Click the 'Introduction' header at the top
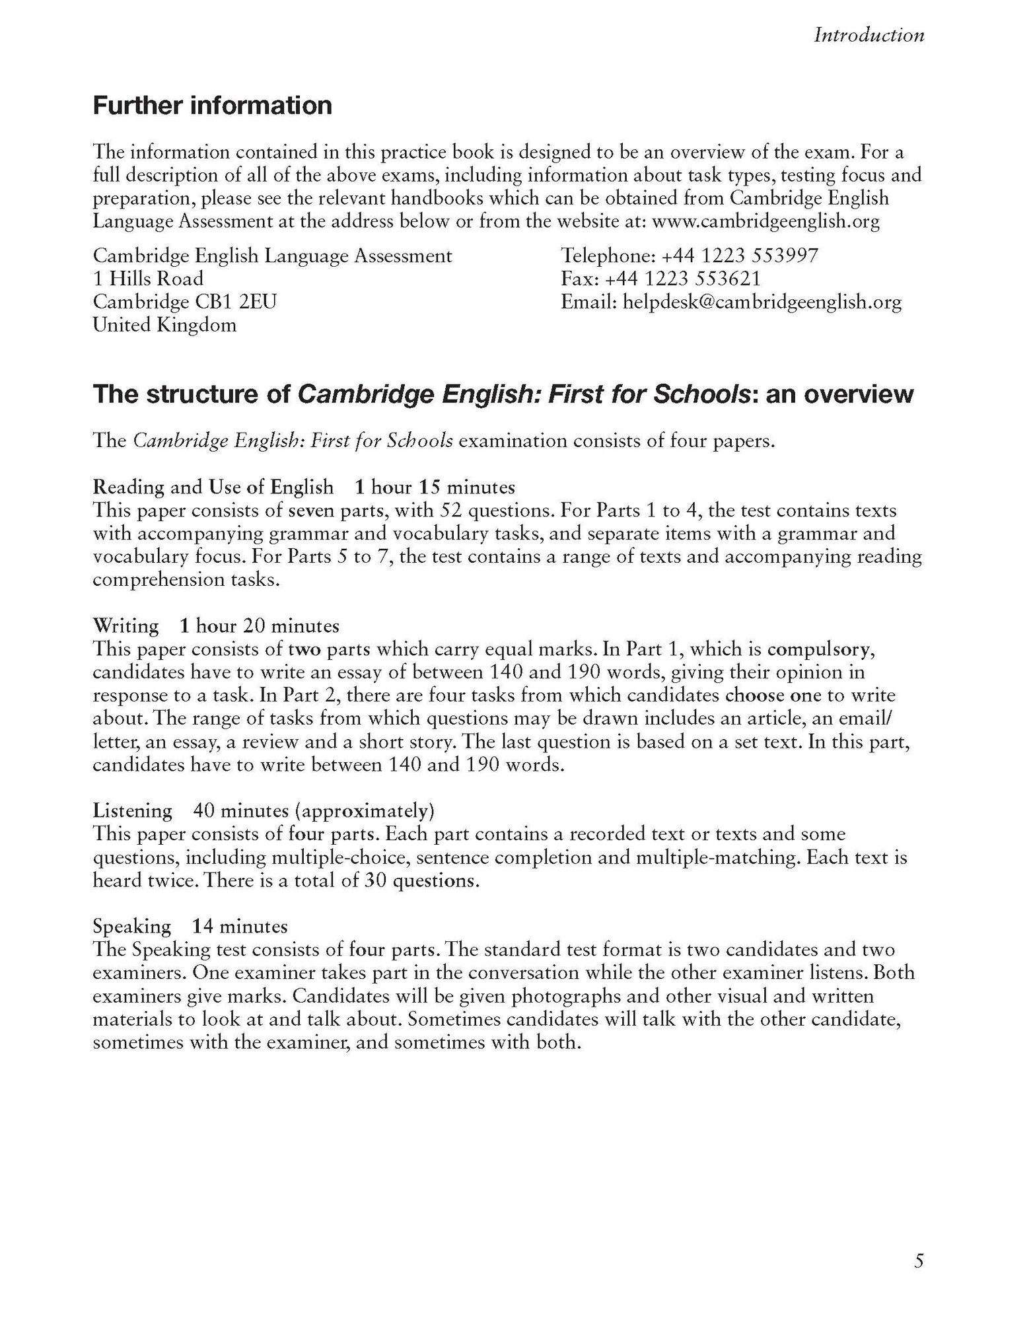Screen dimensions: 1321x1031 (x=869, y=35)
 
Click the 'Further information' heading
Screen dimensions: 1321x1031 (x=212, y=106)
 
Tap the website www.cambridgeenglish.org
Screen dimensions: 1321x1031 (x=765, y=221)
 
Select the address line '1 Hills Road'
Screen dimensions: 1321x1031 (x=148, y=279)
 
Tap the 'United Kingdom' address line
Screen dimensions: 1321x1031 (x=164, y=325)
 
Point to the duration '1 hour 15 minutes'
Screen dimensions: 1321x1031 (x=435, y=487)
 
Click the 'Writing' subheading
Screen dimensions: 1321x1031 (x=125, y=625)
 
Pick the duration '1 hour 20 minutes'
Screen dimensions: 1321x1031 (x=260, y=625)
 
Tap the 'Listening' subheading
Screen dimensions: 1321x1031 (x=132, y=810)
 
